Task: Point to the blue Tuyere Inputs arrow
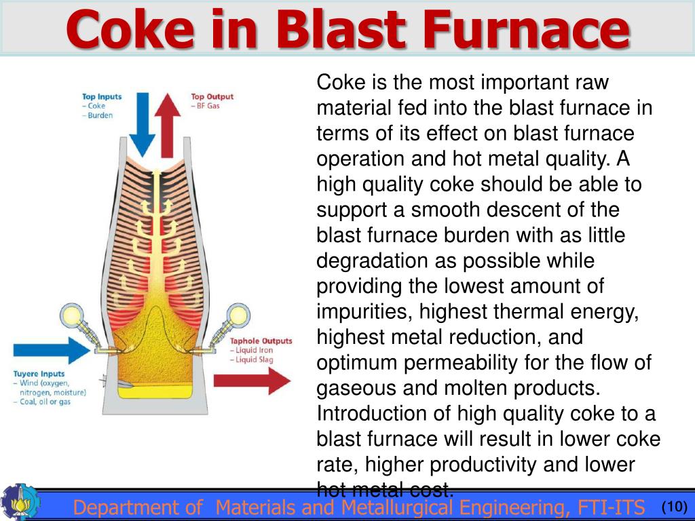pos(51,351)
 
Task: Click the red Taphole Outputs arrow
pos(251,381)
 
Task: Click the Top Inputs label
pos(102,96)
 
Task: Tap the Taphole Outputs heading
pos(261,341)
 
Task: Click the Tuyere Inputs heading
pos(39,374)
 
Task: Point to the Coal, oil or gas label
pos(45,402)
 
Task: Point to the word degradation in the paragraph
pos(371,260)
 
